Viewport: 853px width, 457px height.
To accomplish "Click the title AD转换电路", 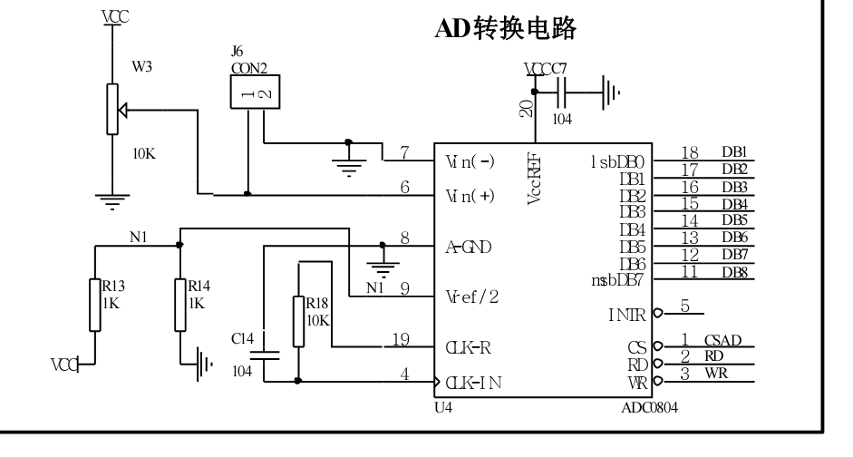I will tap(515, 30).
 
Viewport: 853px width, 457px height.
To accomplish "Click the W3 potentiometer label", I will tap(142, 66).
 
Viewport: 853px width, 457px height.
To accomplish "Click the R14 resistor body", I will tap(181, 305).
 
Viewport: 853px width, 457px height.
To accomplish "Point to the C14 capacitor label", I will tap(242, 338).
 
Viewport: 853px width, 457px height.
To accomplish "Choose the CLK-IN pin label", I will tap(471, 382).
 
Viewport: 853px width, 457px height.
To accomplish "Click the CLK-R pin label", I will tap(469, 347).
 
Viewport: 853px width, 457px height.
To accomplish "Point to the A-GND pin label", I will tap(469, 247).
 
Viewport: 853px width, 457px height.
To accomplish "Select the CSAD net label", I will tap(722, 341).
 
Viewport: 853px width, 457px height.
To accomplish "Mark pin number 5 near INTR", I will tap(686, 305).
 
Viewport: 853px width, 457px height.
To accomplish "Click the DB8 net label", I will tap(733, 271).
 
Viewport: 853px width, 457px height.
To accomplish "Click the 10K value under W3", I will tap(144, 154).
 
